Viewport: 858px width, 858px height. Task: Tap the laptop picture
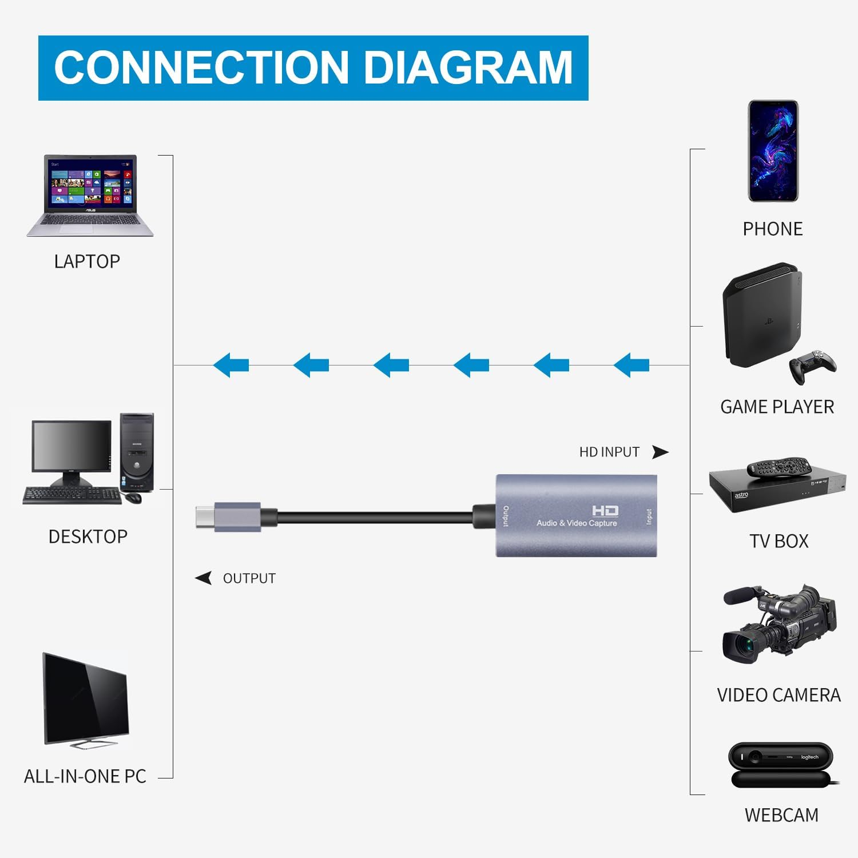[90, 195]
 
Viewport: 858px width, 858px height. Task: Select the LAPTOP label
[87, 261]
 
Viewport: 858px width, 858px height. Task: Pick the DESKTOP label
[88, 537]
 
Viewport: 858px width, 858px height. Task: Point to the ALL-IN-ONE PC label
[85, 776]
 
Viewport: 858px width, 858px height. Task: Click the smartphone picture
[773, 151]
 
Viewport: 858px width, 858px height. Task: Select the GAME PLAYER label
[777, 407]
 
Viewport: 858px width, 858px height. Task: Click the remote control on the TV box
[779, 467]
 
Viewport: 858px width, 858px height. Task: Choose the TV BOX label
[779, 541]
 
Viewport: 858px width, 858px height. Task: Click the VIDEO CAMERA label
[778, 695]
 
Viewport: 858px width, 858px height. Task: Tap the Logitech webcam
[780, 764]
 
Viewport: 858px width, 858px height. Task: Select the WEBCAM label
[781, 815]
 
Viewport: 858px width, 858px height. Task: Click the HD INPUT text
[609, 452]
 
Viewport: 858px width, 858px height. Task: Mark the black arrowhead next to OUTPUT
[204, 578]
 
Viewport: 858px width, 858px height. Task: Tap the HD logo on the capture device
[605, 511]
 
